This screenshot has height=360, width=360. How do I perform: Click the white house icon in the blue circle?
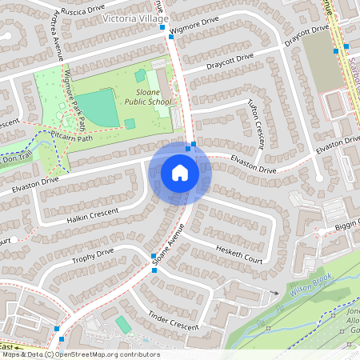(180, 173)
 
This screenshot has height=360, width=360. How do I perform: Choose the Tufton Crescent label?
(258, 124)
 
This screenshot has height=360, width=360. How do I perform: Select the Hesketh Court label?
(239, 255)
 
